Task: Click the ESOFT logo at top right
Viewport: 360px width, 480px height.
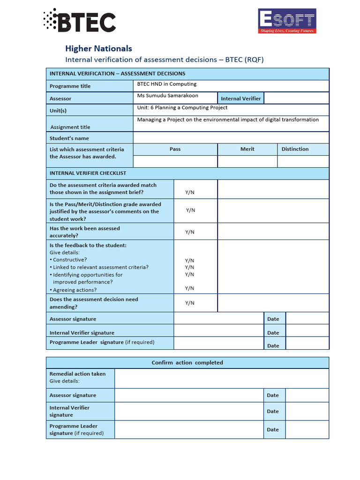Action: (x=287, y=21)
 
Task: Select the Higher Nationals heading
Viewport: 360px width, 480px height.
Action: (x=98, y=48)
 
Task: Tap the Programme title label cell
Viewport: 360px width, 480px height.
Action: (x=90, y=86)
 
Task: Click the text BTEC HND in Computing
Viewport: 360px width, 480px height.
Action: (x=166, y=84)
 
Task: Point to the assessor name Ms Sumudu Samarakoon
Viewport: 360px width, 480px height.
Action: (x=167, y=96)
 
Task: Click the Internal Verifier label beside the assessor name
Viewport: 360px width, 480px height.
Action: (x=240, y=98)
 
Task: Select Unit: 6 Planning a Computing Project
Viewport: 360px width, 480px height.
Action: (x=182, y=108)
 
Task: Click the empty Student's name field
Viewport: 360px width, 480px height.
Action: (x=231, y=138)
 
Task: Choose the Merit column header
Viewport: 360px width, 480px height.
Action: (x=247, y=149)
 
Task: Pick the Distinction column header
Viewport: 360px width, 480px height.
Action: (x=295, y=149)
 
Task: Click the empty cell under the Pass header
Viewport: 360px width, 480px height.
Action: (x=175, y=161)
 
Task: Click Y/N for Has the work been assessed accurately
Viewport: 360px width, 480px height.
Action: (x=189, y=232)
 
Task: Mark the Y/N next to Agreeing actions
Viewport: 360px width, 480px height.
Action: (x=189, y=288)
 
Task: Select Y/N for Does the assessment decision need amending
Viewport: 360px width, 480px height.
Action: (x=189, y=303)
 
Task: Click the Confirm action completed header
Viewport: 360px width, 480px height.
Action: (x=187, y=363)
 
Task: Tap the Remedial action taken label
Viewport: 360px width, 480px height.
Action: (x=77, y=374)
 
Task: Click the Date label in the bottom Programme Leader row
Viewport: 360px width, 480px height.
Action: (x=273, y=429)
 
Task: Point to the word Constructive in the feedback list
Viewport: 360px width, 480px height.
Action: (x=70, y=260)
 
